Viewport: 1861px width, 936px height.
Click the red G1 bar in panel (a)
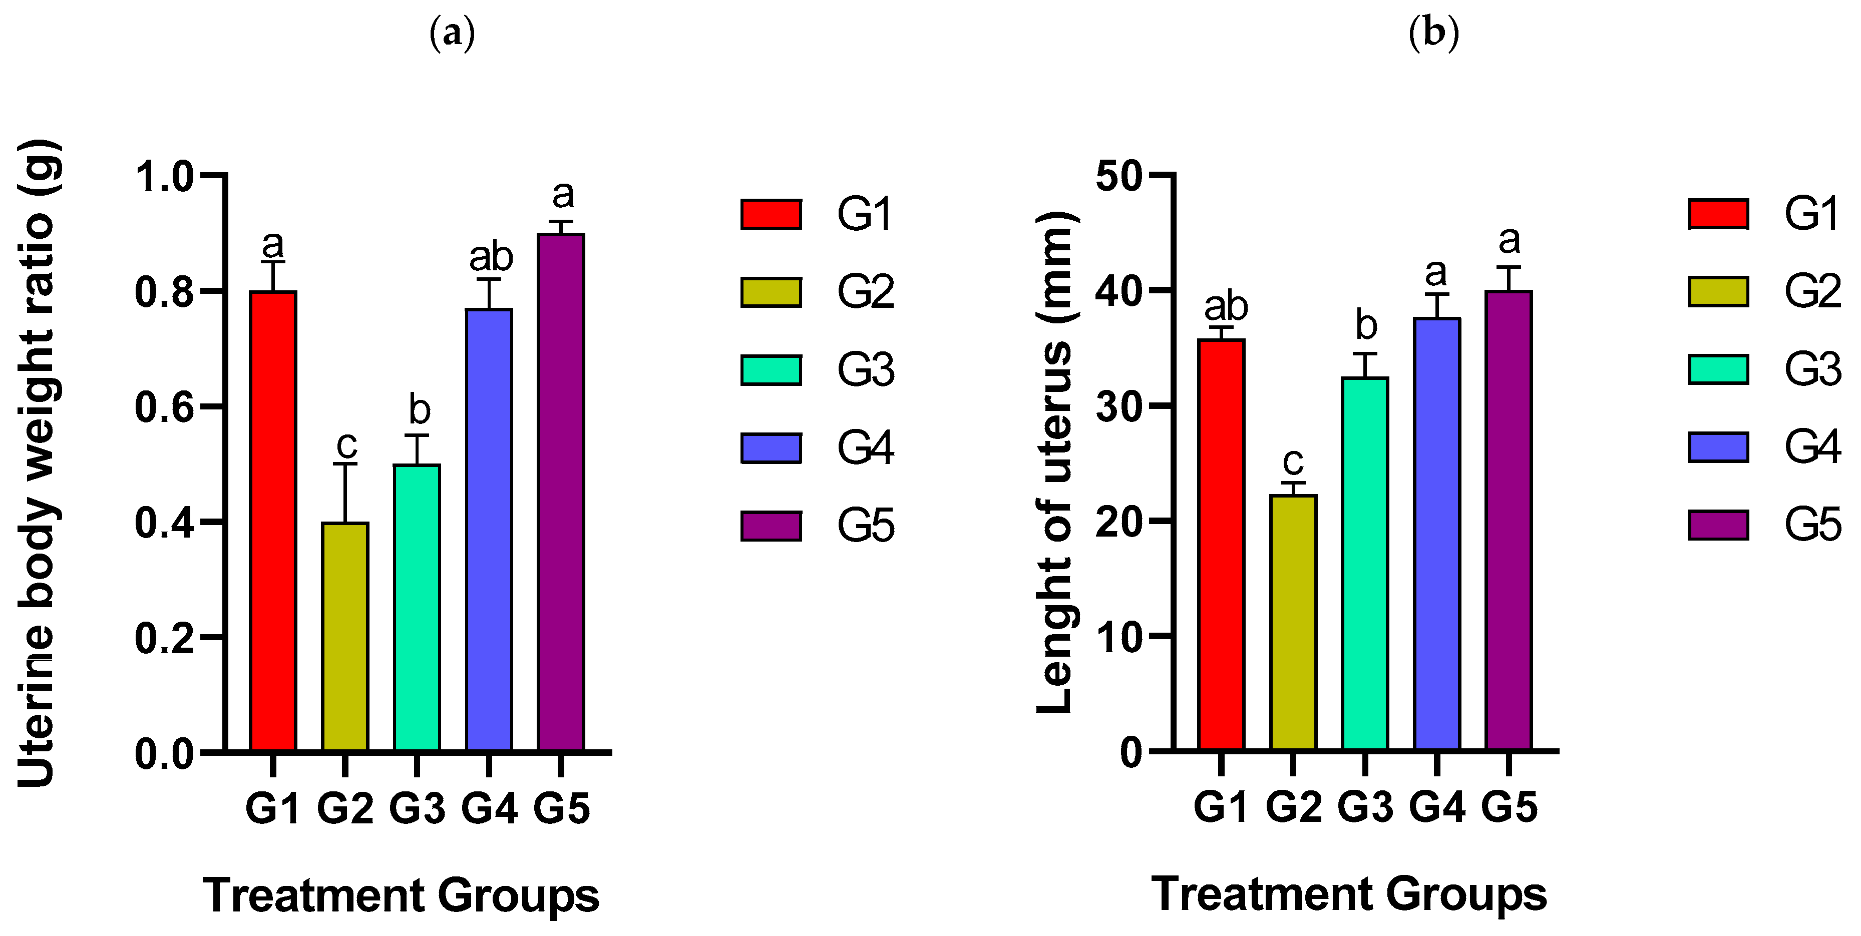pos(273,520)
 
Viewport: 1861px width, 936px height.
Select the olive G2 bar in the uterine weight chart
pos(345,636)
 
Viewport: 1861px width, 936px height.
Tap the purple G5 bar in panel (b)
pos(1509,520)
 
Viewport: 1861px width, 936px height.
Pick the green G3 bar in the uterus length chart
pos(1365,563)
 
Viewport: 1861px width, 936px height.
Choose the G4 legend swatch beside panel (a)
pos(771,448)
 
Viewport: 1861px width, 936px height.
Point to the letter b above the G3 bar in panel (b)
pos(1366,325)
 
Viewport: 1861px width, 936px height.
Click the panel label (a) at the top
pos(452,33)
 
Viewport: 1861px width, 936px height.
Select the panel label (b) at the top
pos(1433,33)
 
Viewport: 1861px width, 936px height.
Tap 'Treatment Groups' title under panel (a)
pos(401,895)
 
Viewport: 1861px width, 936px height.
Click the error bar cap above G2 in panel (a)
pos(345,464)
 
